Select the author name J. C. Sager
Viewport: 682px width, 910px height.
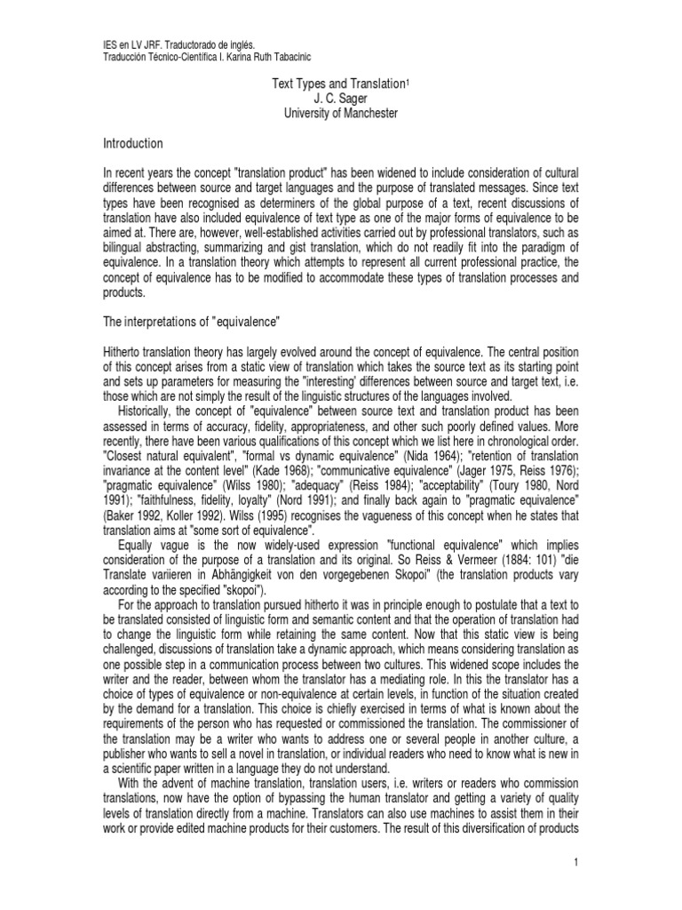[x=341, y=98]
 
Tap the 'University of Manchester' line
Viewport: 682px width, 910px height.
[x=341, y=113]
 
